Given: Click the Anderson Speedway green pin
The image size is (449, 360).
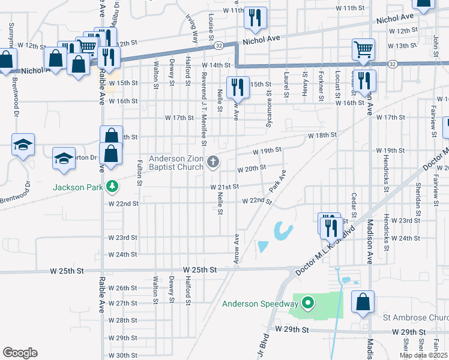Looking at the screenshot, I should point(308,302).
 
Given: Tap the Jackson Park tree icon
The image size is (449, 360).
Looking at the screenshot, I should point(111,187).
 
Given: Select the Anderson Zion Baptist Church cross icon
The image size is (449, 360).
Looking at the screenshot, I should point(212,161).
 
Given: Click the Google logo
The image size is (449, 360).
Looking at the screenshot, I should point(20,352).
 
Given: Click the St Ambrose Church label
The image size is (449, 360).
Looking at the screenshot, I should point(418,317).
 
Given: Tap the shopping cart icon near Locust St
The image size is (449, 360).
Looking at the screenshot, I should point(364,50).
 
